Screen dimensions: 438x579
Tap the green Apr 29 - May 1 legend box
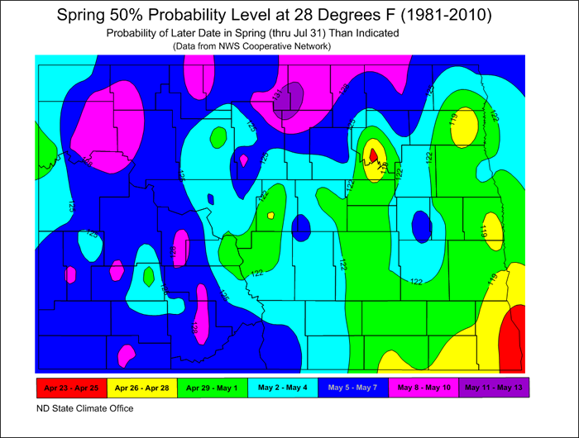(211, 387)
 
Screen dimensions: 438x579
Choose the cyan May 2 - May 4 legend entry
(281, 387)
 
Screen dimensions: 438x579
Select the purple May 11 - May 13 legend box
(493, 387)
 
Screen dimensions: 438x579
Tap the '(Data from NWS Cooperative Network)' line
(252, 46)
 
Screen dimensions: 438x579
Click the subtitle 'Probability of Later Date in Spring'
(252, 33)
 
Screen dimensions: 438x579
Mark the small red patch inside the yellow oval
(373, 155)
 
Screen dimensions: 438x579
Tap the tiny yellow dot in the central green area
(270, 216)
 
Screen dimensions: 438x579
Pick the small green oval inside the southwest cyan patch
(148, 275)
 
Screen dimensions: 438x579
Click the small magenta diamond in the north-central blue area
(243, 159)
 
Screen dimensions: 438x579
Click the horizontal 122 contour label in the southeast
(416, 282)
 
